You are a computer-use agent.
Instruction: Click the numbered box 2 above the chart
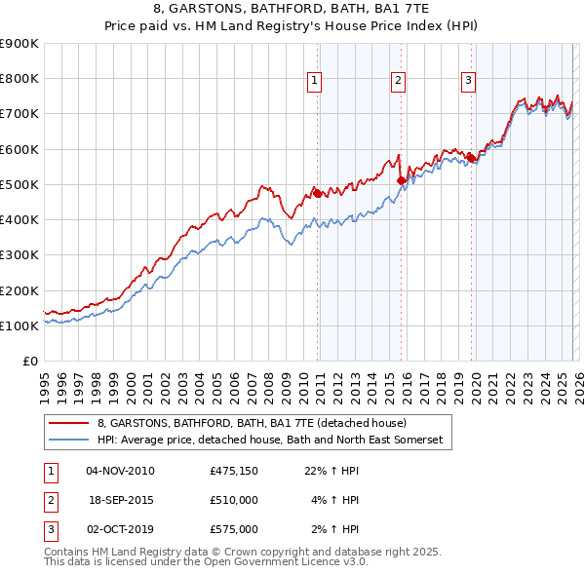tap(400, 82)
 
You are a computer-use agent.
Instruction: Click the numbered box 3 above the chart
tap(469, 82)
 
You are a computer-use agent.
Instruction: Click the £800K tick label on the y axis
tap(19, 79)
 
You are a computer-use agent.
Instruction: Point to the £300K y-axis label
tap(19, 255)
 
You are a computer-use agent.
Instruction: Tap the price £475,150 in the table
tap(233, 471)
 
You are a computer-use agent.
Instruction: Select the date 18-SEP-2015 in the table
tap(120, 500)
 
